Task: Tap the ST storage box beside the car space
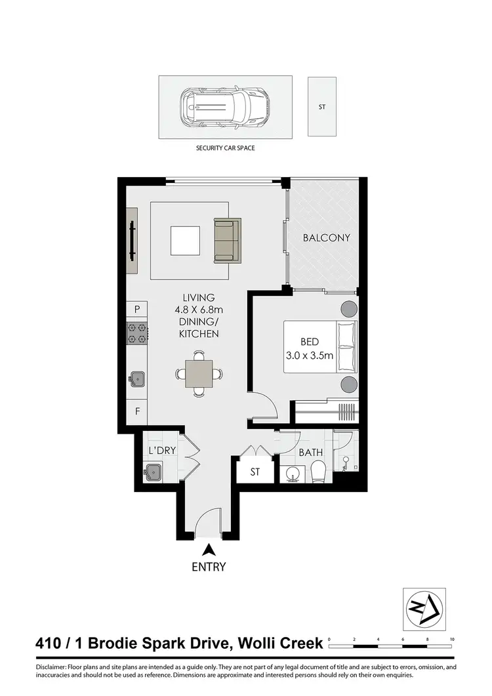(x=322, y=106)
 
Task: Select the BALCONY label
(x=326, y=238)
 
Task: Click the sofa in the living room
(x=227, y=239)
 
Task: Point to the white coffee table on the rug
(x=185, y=241)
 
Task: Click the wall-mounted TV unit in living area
(x=133, y=241)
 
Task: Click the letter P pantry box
(x=137, y=308)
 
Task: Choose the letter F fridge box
(x=137, y=412)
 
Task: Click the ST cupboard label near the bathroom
(x=255, y=472)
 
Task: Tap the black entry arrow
(x=209, y=550)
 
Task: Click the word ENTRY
(x=209, y=567)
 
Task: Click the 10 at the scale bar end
(x=452, y=638)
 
